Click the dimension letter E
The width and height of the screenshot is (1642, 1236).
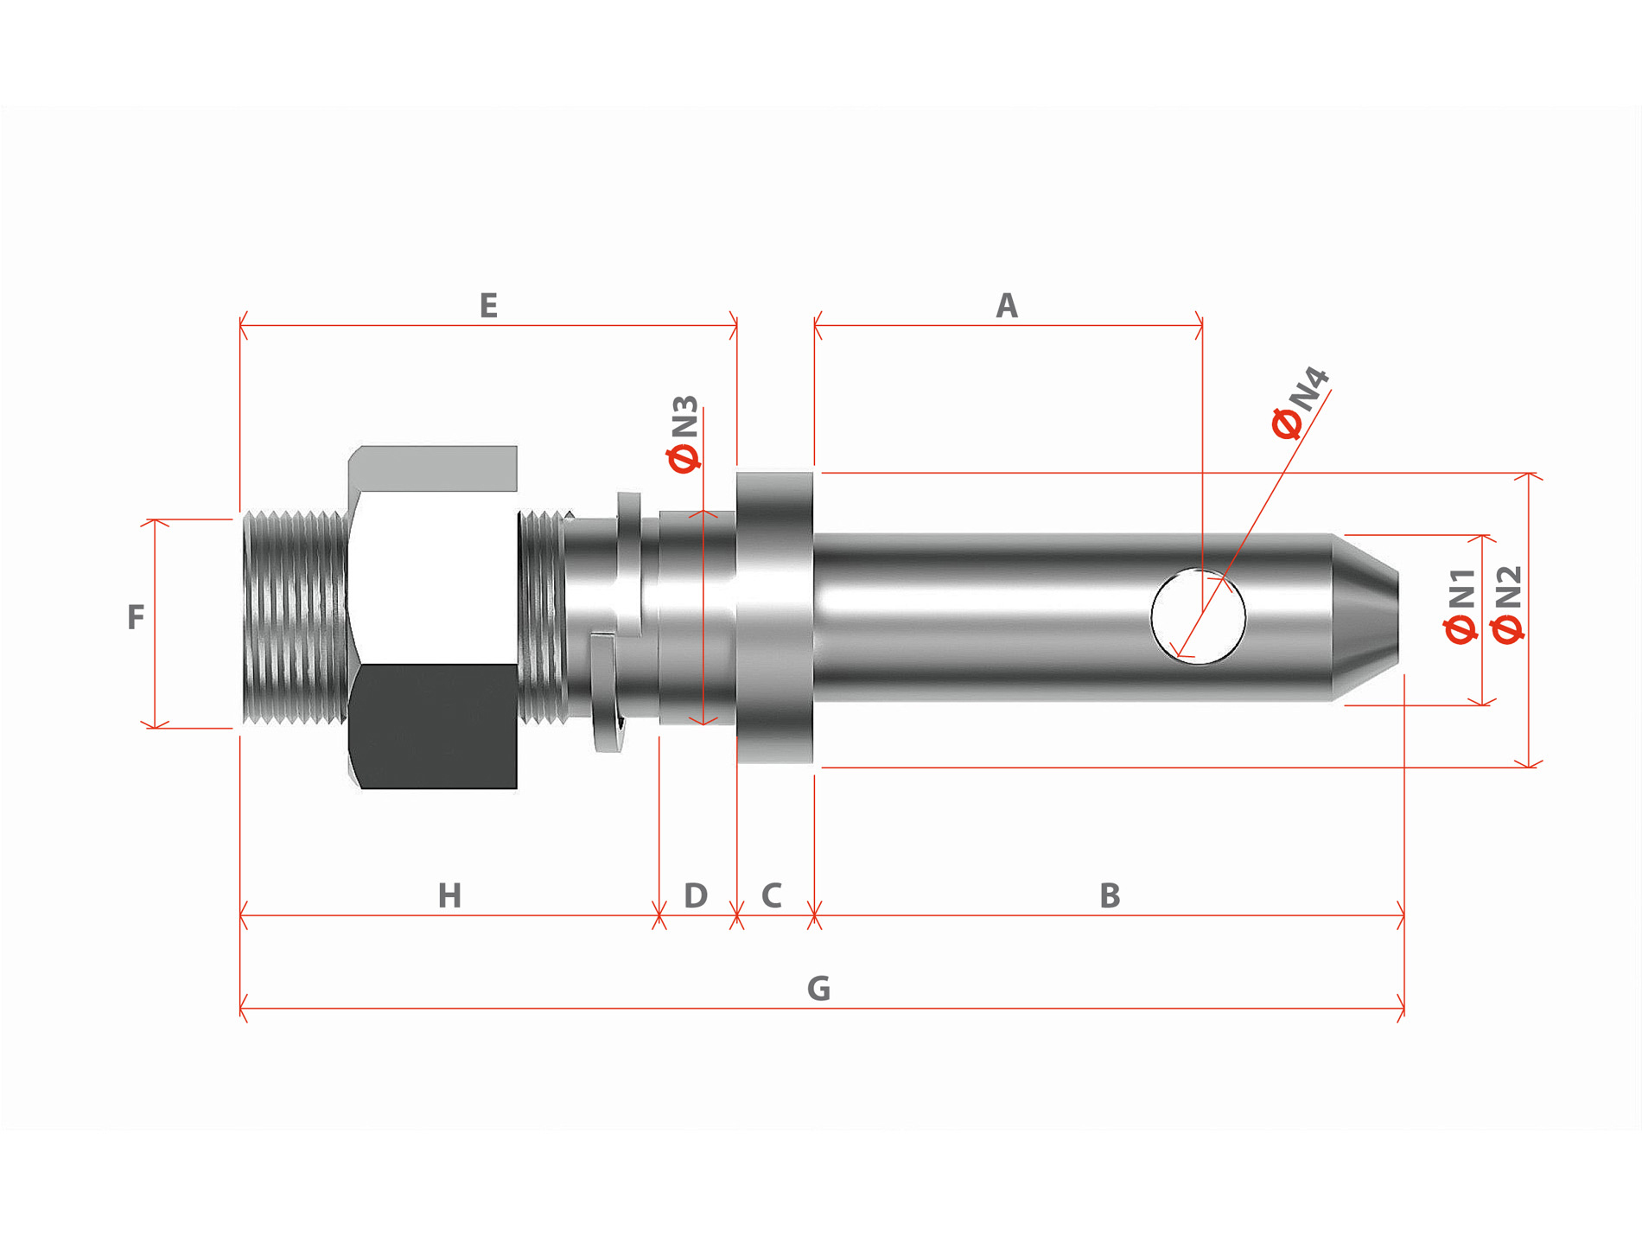(x=488, y=306)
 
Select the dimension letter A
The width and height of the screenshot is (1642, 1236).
(x=1006, y=306)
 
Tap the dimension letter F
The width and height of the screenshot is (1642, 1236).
(x=136, y=617)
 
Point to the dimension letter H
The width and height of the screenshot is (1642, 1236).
(x=449, y=895)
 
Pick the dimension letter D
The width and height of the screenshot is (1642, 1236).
(x=696, y=895)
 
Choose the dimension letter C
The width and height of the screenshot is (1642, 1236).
(x=772, y=895)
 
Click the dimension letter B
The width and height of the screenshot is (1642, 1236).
(x=1110, y=895)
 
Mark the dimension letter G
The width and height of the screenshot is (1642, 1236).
(x=818, y=988)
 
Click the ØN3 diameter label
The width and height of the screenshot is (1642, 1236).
(x=684, y=435)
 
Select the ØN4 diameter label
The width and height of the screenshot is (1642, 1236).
(x=1300, y=403)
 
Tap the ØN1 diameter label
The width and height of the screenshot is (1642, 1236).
(x=1461, y=605)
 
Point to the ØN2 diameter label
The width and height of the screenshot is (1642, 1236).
(x=1508, y=605)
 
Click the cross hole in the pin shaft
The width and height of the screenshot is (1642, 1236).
(x=1198, y=615)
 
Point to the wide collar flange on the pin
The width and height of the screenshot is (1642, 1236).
(x=774, y=617)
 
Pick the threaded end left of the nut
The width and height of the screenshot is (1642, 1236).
(x=294, y=617)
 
